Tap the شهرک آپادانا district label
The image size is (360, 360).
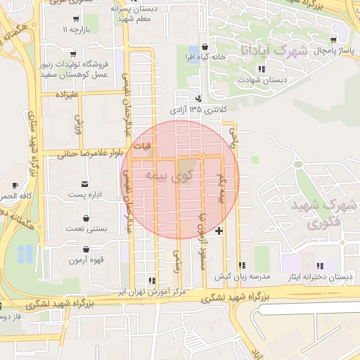pyautogui.click(x=283, y=51)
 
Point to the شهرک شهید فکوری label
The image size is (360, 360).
pyautogui.click(x=330, y=214)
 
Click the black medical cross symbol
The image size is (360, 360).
pyautogui.click(x=220, y=231)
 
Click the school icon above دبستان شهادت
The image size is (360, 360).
pyautogui.click(x=262, y=69)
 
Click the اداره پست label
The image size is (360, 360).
pyautogui.click(x=86, y=193)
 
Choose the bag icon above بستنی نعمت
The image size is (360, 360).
pyautogui.click(x=86, y=218)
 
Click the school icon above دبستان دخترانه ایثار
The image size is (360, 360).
pyautogui.click(x=321, y=266)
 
